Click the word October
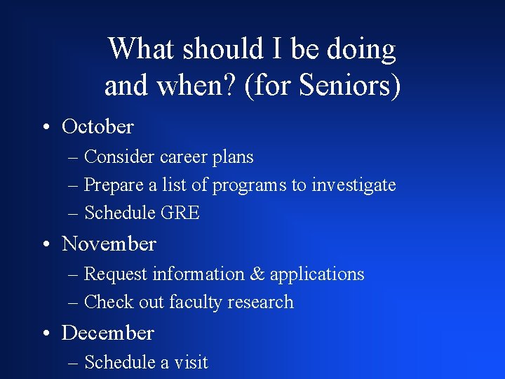97,126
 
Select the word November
109,244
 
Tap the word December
107,332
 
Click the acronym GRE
180,213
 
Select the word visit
192,362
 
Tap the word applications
326,274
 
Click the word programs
250,186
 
